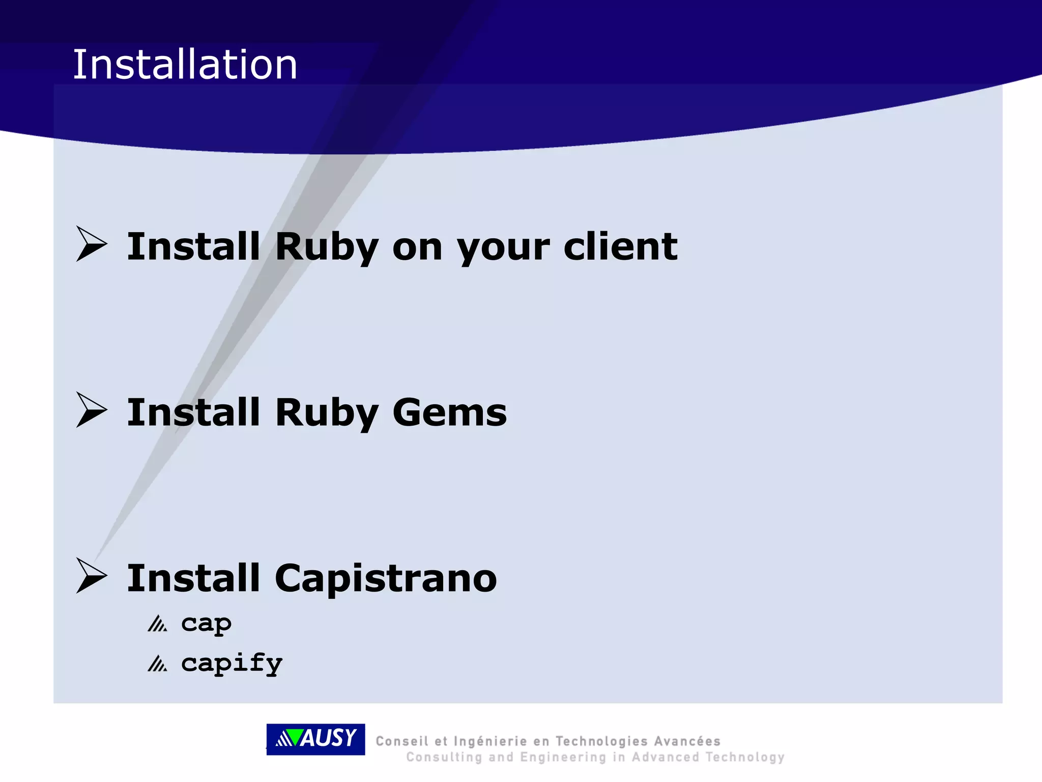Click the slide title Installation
click(x=185, y=65)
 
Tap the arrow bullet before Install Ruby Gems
click(x=92, y=410)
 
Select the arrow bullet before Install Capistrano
click(x=92, y=576)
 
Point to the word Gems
click(x=450, y=412)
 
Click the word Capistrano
click(x=386, y=579)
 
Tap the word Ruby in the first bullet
click(x=327, y=247)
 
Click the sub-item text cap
click(x=206, y=623)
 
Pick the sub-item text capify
click(x=231, y=663)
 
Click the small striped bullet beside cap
click(x=157, y=624)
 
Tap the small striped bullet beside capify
click(x=157, y=664)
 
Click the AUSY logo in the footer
click(x=315, y=739)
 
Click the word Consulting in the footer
click(x=444, y=758)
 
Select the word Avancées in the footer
click(x=687, y=741)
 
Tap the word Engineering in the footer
click(x=563, y=758)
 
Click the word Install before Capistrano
click(x=193, y=578)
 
